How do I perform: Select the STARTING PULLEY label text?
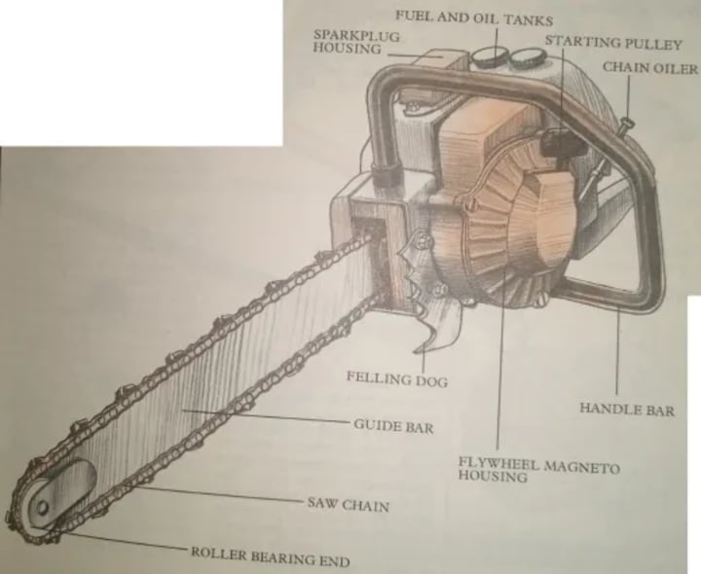tap(613, 43)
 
